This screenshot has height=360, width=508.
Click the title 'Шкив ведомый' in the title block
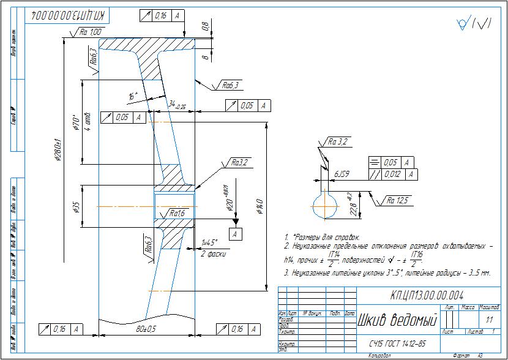pos(396,320)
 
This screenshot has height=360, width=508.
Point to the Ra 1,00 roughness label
pos(91,32)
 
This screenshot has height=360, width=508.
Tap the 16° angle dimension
pos(133,96)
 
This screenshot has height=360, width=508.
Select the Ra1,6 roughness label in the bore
pos(177,214)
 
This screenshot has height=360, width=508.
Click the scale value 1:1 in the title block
pos(488,320)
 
